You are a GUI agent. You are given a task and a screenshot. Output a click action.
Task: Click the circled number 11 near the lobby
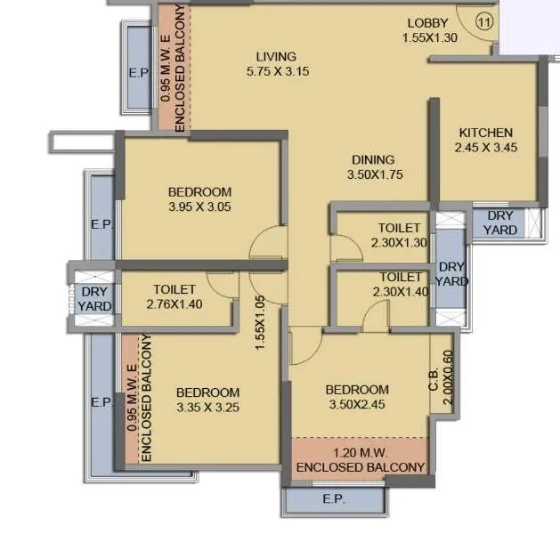click(x=483, y=23)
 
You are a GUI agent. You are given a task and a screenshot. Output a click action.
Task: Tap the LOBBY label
click(x=429, y=23)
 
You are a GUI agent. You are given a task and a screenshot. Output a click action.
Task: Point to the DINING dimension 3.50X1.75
click(x=375, y=174)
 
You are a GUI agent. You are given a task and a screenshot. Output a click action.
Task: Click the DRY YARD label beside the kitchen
click(x=499, y=222)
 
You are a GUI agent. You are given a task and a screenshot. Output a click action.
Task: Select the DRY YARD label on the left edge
click(x=94, y=298)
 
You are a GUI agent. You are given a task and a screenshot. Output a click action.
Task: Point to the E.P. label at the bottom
click(x=334, y=499)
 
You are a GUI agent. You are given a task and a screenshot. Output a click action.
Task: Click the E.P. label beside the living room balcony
click(x=138, y=72)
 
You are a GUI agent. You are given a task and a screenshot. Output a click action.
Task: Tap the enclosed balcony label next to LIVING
click(x=173, y=69)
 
